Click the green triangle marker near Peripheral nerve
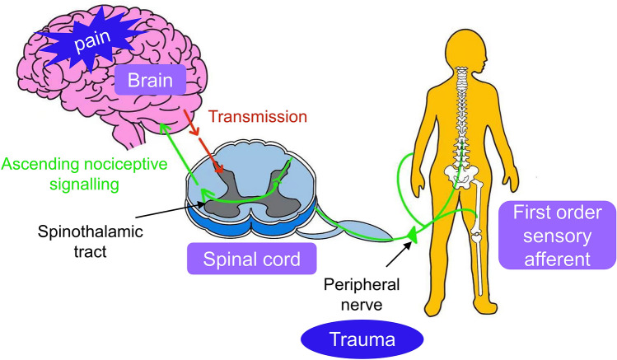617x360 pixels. [411, 238]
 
